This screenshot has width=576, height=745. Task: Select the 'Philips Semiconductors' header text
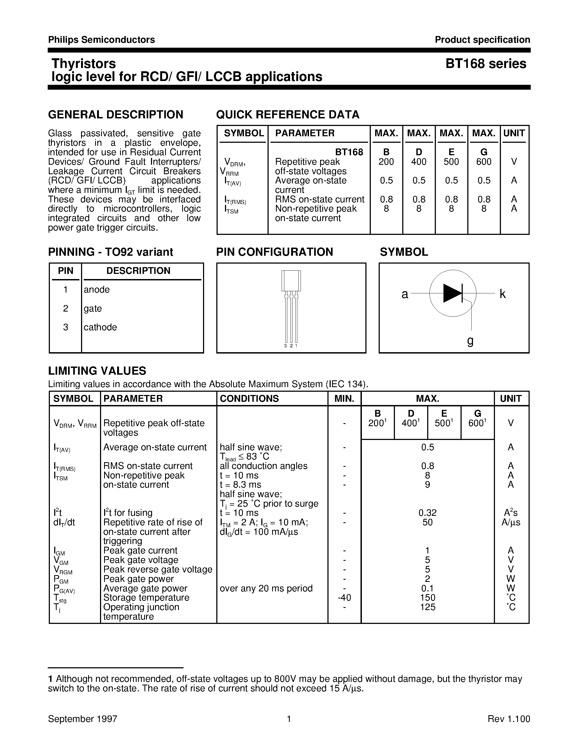tap(101, 40)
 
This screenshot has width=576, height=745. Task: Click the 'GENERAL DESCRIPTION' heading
tap(116, 115)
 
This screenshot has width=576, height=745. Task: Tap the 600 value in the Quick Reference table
tap(484, 162)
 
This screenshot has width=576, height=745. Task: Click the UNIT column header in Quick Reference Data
tap(514, 133)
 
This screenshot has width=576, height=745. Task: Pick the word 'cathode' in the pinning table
tap(100, 327)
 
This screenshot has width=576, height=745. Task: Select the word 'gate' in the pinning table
tap(93, 308)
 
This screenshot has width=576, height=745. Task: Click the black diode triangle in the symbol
tap(452, 293)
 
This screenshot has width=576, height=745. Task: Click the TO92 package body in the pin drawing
tap(291, 280)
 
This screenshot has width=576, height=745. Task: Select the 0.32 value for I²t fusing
tap(427, 513)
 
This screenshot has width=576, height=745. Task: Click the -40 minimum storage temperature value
tap(344, 598)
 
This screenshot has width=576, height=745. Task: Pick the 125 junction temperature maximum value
tap(427, 607)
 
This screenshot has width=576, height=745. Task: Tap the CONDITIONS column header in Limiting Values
tap(249, 399)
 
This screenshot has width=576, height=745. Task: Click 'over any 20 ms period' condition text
tap(266, 588)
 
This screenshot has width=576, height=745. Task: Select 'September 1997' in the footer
tap(83, 719)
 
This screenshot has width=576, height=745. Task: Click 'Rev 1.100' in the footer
tap(509, 719)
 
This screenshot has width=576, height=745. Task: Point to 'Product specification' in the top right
tap(482, 40)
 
